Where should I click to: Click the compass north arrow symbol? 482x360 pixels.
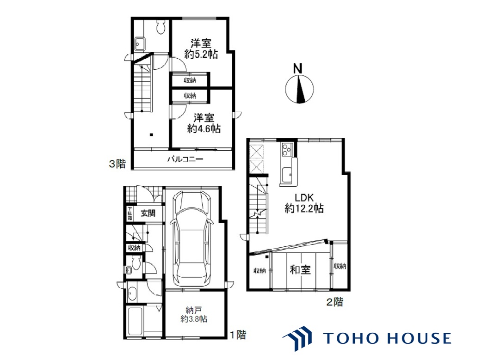click(x=299, y=89)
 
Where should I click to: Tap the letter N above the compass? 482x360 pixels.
click(x=297, y=68)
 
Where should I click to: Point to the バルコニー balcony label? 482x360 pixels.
click(x=185, y=159)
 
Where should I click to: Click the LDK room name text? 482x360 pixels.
click(x=304, y=197)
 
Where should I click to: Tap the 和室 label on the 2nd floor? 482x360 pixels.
click(x=300, y=270)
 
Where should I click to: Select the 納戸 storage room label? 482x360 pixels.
click(x=193, y=310)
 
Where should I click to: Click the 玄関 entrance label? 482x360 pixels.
click(x=148, y=213)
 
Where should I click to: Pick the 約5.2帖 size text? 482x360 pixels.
click(x=201, y=55)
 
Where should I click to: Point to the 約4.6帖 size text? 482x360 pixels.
click(x=204, y=128)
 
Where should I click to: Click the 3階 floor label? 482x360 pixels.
click(x=117, y=164)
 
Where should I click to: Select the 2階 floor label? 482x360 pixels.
click(x=334, y=302)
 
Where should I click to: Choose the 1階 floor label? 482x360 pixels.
click(x=239, y=335)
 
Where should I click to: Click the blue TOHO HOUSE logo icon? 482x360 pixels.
click(x=297, y=338)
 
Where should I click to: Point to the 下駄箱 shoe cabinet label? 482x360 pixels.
click(x=130, y=213)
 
